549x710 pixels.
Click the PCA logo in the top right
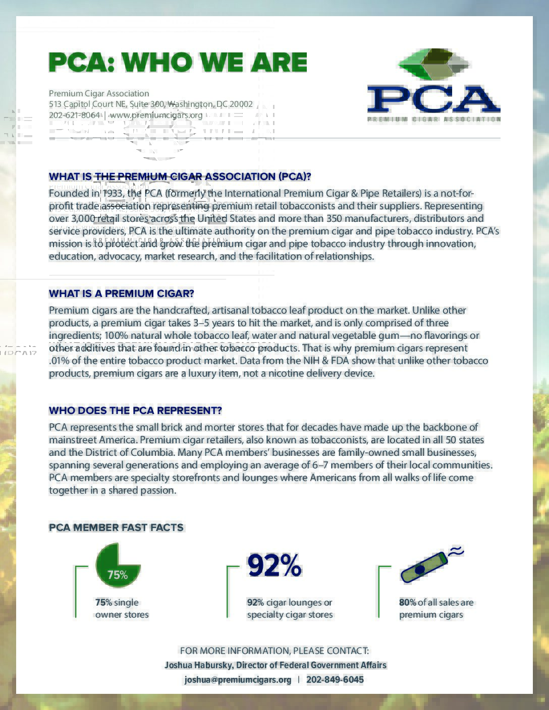[433, 86]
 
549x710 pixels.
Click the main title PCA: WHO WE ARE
[178, 62]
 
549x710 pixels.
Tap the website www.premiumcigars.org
[156, 115]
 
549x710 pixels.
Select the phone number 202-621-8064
[74, 115]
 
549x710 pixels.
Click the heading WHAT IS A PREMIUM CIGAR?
[121, 293]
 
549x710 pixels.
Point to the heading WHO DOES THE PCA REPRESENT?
[135, 410]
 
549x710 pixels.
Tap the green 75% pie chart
[118, 565]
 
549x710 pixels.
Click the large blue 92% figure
[274, 566]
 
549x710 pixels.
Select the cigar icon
[423, 567]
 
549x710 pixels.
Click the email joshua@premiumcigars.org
[238, 680]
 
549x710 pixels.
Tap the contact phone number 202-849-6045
[335, 680]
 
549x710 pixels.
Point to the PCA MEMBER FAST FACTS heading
[116, 527]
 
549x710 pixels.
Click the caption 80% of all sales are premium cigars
[436, 608]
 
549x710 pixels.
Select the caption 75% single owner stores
[122, 608]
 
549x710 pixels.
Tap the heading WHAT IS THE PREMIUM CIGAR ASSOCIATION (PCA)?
[180, 176]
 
